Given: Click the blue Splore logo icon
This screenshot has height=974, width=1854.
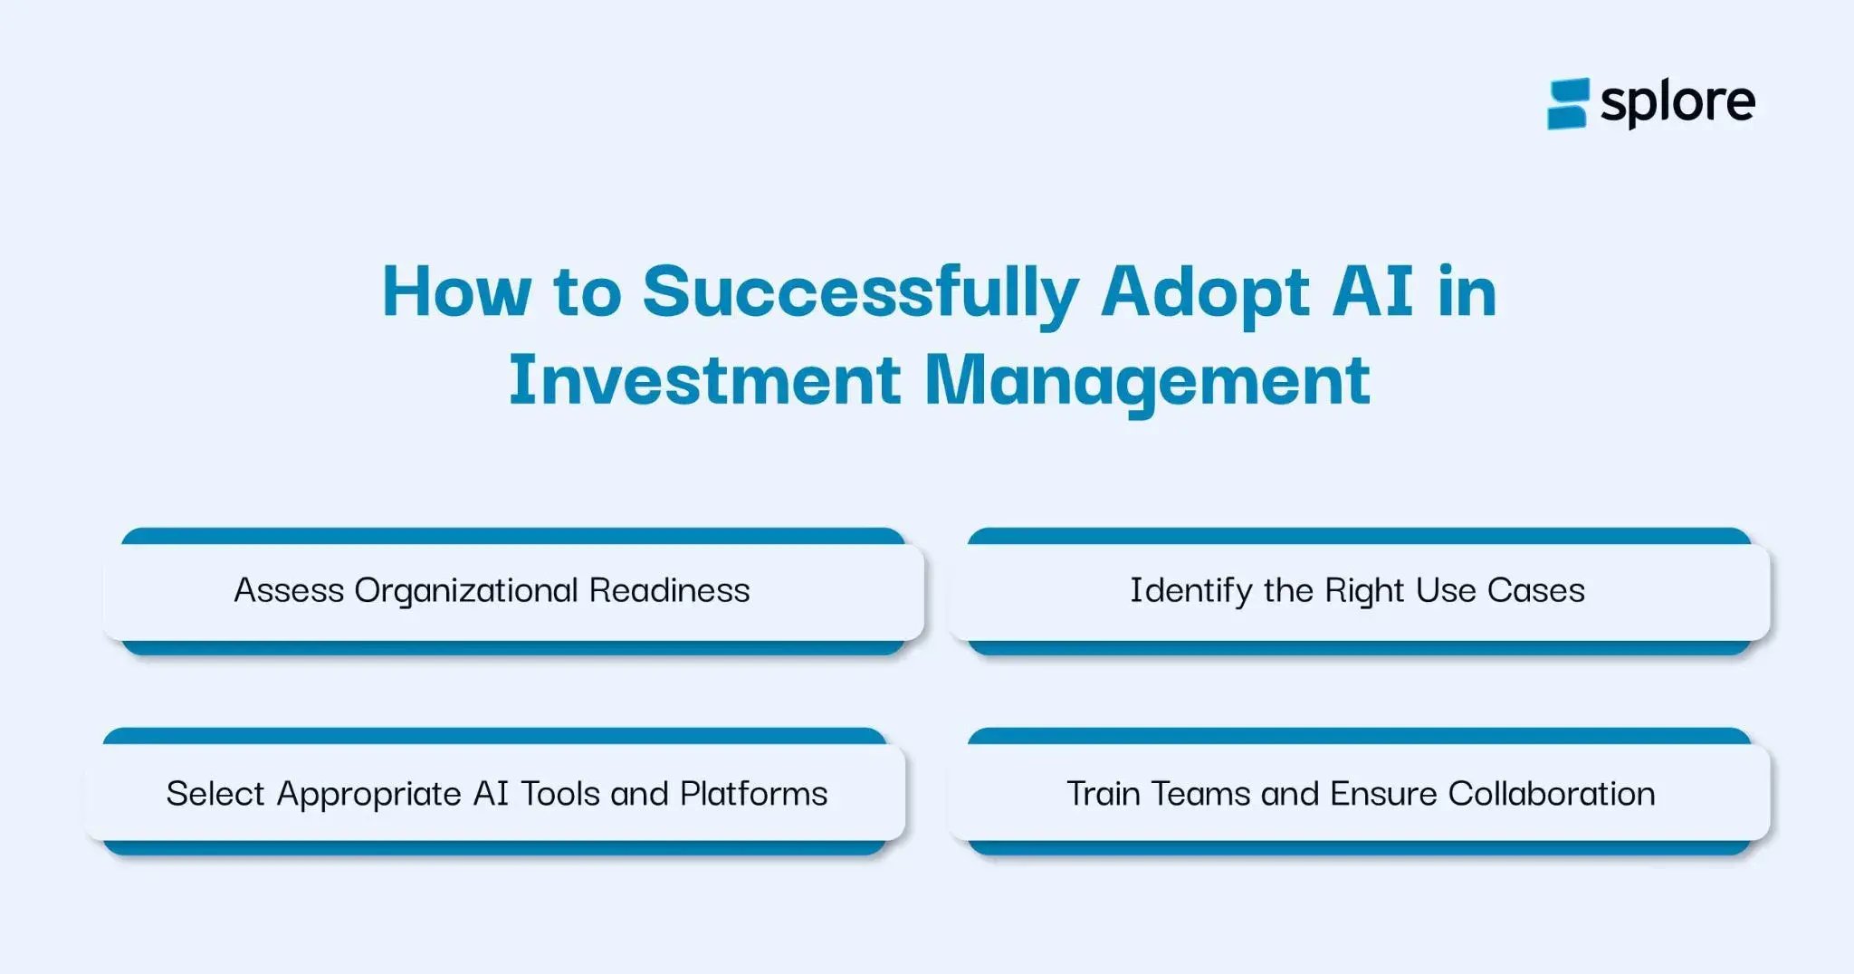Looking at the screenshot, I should click(x=1567, y=103).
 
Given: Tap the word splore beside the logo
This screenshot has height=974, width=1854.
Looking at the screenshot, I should click(x=1677, y=103).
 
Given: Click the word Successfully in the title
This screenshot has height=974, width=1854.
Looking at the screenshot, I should click(x=860, y=291).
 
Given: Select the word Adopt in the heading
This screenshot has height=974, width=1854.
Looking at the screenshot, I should click(x=1204, y=291).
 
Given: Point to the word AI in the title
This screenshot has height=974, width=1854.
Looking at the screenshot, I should click(x=1372, y=291).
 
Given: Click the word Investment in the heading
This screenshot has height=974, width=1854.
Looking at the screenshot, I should click(x=703, y=379).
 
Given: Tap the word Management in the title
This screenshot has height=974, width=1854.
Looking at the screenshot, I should click(x=1146, y=379).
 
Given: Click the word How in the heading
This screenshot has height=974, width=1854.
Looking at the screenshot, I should click(x=456, y=291).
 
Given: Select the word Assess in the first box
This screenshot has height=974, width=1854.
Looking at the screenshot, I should click(x=289, y=590).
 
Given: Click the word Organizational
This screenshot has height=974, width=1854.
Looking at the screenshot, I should click(x=465, y=590).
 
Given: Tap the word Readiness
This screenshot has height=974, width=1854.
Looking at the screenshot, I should click(x=669, y=590).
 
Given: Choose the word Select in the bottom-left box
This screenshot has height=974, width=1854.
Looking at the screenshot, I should click(x=215, y=794).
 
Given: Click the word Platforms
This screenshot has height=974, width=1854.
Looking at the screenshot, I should click(x=753, y=794).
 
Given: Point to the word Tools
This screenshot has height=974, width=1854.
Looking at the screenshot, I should click(x=559, y=794).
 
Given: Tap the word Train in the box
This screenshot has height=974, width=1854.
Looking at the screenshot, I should click(x=1104, y=794).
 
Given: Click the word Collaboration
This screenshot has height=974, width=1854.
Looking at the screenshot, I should click(x=1551, y=794).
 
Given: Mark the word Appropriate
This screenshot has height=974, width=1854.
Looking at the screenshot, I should click(x=369, y=794).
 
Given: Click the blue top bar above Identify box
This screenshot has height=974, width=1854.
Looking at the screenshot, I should click(x=1358, y=536).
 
